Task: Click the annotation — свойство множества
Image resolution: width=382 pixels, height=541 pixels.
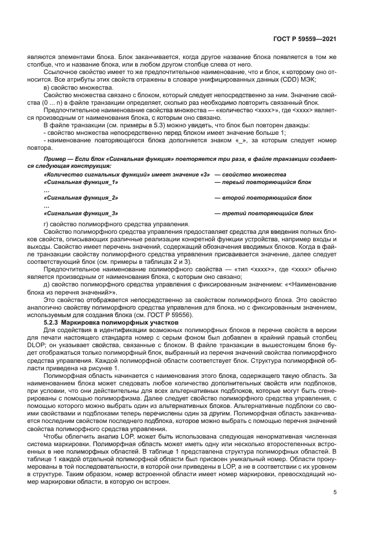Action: point(250,174)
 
